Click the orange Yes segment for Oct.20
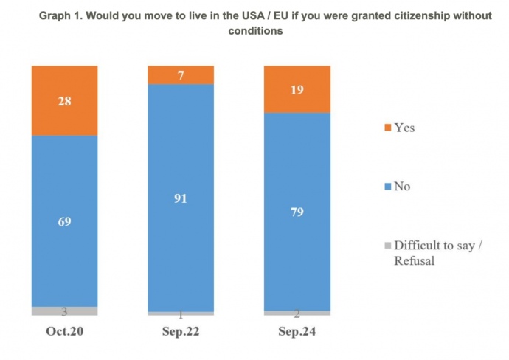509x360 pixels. pyautogui.click(x=64, y=100)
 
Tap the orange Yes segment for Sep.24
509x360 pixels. pyautogui.click(x=297, y=89)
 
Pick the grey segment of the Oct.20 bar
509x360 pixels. pyautogui.click(x=64, y=311)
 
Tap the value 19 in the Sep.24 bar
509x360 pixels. pyautogui.click(x=297, y=91)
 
